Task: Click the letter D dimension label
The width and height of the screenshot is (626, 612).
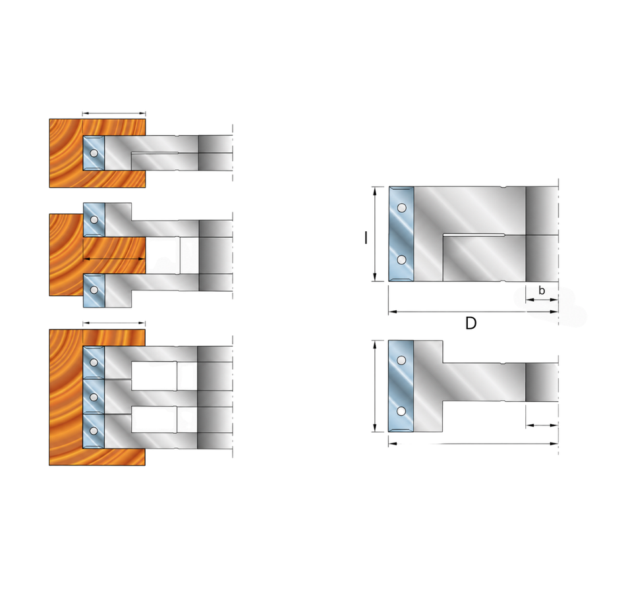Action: point(471,323)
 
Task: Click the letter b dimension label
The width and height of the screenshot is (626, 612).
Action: point(542,291)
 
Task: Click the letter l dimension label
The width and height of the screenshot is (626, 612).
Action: point(366,238)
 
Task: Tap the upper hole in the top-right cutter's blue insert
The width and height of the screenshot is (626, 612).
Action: point(402,208)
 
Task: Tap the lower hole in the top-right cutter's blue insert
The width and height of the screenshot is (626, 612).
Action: point(402,260)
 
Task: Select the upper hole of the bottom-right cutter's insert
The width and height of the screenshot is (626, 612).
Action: point(402,360)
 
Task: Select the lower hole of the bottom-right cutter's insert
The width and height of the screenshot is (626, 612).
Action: point(402,411)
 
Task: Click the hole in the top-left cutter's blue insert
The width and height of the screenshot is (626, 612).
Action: point(94,153)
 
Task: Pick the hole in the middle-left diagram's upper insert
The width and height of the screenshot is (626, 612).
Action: point(95,219)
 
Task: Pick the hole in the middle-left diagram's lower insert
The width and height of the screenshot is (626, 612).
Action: point(94,290)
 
